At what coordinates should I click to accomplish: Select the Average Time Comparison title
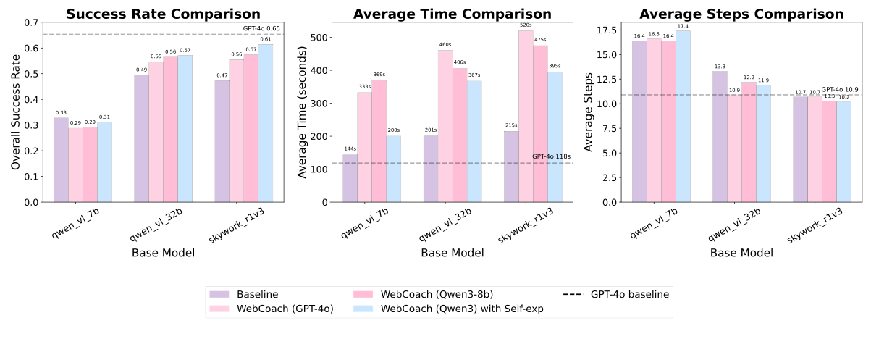(x=453, y=14)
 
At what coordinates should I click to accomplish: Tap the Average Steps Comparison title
(x=741, y=14)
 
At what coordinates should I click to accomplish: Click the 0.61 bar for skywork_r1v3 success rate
(x=266, y=123)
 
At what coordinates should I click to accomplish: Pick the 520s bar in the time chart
(x=525, y=116)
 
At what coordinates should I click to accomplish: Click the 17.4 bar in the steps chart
(x=683, y=116)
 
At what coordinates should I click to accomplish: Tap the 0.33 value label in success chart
(x=61, y=112)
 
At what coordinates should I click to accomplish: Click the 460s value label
(x=445, y=45)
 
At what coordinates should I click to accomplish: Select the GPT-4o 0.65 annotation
(x=261, y=28)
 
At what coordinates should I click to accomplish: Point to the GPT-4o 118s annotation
(x=552, y=156)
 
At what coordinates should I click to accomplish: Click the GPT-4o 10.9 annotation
(x=840, y=89)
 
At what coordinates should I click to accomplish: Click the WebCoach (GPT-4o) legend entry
(x=272, y=309)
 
